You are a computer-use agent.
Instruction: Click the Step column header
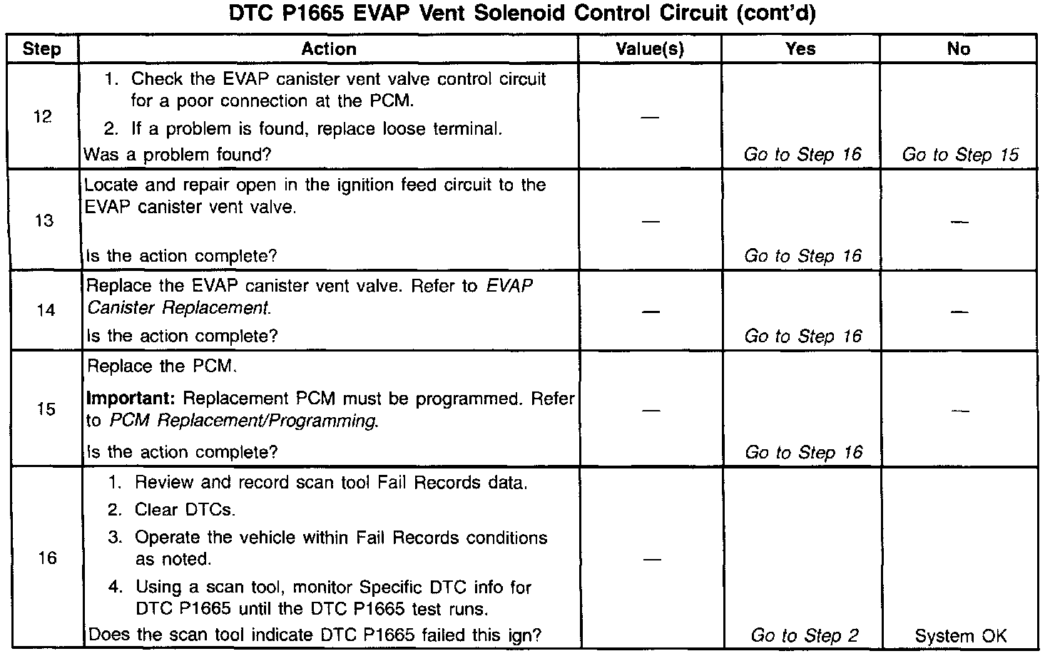41,49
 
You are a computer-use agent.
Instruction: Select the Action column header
328,49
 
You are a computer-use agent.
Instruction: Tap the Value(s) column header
649,49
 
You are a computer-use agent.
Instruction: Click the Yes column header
800,49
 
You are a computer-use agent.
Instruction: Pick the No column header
958,49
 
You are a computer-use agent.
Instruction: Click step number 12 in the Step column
43,117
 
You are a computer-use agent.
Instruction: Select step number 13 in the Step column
44,221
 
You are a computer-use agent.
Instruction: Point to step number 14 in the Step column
45,311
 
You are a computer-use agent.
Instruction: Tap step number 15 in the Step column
46,410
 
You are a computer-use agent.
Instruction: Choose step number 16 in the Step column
47,558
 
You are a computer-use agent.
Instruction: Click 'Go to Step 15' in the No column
960,155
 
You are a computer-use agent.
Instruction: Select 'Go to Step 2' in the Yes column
804,635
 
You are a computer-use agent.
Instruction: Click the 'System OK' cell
960,635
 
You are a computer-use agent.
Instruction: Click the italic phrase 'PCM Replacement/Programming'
243,421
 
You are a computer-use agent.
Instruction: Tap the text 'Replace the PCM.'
161,367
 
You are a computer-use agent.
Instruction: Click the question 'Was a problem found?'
178,155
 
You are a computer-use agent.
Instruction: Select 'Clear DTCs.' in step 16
185,510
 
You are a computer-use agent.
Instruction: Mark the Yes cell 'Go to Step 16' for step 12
802,155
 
